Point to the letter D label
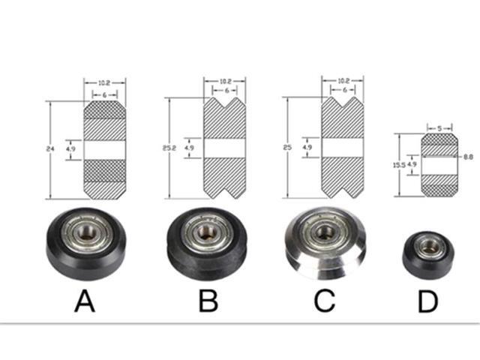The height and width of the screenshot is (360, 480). tap(427, 302)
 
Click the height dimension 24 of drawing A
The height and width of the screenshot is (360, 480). tap(49, 150)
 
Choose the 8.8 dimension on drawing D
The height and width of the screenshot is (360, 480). tap(468, 157)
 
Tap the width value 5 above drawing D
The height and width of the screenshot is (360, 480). tap(439, 127)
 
